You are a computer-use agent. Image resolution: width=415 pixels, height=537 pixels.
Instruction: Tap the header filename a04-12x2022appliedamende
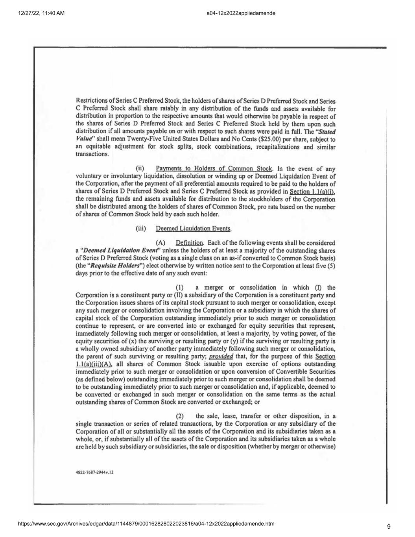pyautogui.click(x=240, y=13)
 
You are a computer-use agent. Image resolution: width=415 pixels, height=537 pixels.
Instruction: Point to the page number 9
pyautogui.click(x=389, y=527)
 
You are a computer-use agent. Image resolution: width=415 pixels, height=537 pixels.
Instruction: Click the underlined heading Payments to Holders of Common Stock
pyautogui.click(x=214, y=169)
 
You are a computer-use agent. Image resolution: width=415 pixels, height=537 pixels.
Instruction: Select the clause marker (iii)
pyautogui.click(x=141, y=228)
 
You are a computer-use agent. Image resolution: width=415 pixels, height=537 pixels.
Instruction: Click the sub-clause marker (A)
pyautogui.click(x=160, y=243)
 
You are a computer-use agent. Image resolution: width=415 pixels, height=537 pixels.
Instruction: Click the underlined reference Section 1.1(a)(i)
pyautogui.click(x=312, y=192)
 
